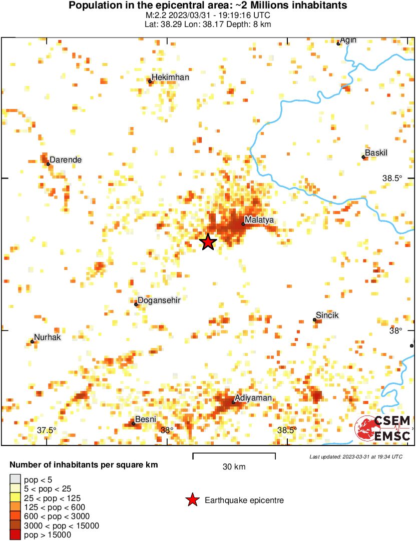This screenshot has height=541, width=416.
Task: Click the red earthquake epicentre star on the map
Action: (x=208, y=242)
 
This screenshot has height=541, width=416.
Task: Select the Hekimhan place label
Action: (x=170, y=77)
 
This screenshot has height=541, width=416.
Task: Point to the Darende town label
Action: (x=66, y=160)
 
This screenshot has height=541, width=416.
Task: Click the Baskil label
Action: (x=376, y=152)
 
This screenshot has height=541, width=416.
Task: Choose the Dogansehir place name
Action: (x=159, y=300)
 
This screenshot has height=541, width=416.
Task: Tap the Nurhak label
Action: (x=47, y=337)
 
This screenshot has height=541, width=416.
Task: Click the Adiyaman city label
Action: (x=254, y=398)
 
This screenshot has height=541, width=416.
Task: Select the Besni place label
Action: (x=146, y=419)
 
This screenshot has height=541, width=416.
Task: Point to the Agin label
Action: (x=348, y=40)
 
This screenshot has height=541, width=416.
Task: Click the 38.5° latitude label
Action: (x=392, y=178)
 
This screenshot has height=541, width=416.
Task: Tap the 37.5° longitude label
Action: (x=47, y=430)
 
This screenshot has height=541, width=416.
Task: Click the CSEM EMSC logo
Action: (x=383, y=428)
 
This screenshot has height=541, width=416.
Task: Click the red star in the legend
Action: (x=192, y=500)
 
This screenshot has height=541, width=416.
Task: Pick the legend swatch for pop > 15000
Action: (x=16, y=534)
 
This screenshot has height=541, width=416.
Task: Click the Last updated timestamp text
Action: (x=355, y=456)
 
